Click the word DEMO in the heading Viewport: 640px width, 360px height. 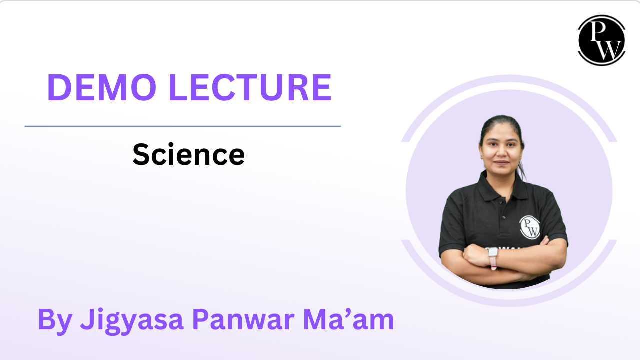102,87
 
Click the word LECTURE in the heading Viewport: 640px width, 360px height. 250,87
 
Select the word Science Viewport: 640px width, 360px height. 188,154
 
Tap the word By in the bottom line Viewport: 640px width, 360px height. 55,320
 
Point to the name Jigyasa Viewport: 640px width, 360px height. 131,320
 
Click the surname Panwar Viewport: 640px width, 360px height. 243,319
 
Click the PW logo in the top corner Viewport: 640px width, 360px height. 601,40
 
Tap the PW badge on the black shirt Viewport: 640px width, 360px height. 529,227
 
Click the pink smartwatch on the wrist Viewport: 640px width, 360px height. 493,258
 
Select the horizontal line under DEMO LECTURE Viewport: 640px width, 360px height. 183,126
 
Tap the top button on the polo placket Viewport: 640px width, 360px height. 500,202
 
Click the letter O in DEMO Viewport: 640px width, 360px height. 143,87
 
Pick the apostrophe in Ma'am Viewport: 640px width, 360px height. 347,313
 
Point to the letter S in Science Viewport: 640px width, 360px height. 141,154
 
